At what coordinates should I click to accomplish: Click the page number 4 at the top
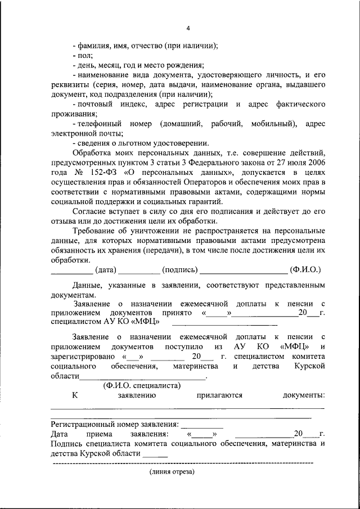(x=188, y=29)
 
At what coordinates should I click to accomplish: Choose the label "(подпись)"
(x=179, y=270)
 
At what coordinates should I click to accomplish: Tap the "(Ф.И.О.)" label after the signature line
(x=305, y=270)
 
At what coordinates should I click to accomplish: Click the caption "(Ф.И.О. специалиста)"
(x=141, y=385)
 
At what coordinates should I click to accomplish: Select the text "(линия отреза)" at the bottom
(x=172, y=472)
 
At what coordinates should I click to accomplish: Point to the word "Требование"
(x=94, y=231)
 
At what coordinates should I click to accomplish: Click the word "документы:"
(x=303, y=395)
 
